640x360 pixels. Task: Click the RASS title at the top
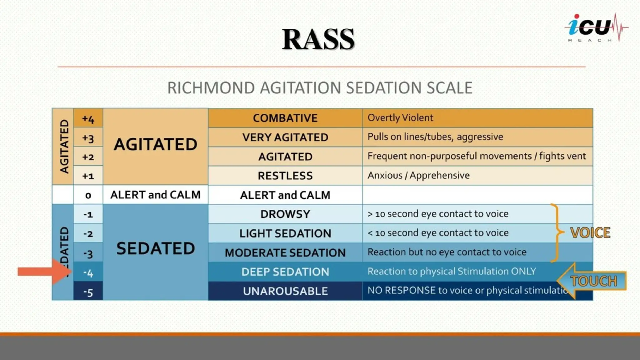[x=318, y=39]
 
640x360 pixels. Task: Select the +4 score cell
[x=88, y=119]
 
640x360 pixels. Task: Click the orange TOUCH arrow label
[x=592, y=281]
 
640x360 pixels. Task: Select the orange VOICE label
[x=590, y=233]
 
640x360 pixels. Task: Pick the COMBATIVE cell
[x=285, y=118]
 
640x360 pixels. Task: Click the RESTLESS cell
[x=285, y=176]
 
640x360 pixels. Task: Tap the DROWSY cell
[x=285, y=214]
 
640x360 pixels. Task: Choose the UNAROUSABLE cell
[x=285, y=291]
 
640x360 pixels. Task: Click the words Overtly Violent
[x=400, y=118]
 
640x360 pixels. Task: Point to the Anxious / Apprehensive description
[x=418, y=175]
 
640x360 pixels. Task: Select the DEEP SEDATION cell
[x=285, y=272]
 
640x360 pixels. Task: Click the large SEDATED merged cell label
[x=156, y=249]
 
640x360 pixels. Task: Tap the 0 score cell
[x=88, y=195]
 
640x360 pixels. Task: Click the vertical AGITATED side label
[x=64, y=146]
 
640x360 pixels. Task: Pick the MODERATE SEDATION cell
[x=285, y=252]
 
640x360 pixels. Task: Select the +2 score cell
[x=88, y=157]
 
